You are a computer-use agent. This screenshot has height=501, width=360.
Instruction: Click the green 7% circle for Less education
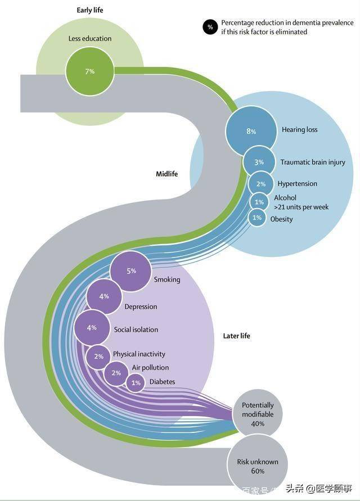(x=89, y=71)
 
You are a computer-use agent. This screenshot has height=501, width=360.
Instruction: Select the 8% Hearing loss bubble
(x=250, y=131)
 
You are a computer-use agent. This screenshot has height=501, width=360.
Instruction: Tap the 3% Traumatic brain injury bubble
(x=259, y=162)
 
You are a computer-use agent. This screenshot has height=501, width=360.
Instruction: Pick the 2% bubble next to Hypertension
(x=260, y=184)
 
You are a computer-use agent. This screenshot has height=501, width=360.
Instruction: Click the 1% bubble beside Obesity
(x=257, y=218)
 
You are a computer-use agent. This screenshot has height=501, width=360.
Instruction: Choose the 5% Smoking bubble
(x=131, y=271)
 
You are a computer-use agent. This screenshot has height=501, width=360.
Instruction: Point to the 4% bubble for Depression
(x=104, y=296)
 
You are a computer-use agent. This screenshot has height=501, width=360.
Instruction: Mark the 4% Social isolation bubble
(x=92, y=327)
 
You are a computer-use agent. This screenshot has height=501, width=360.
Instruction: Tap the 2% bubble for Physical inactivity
(x=98, y=356)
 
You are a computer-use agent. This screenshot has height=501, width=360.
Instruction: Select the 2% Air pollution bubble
(x=116, y=373)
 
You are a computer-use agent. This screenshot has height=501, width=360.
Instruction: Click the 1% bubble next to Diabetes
(x=136, y=383)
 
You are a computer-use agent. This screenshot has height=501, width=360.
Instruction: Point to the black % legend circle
(x=210, y=26)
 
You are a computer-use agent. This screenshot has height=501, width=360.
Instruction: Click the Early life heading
(x=90, y=10)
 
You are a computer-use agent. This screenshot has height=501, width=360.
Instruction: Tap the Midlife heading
(x=166, y=174)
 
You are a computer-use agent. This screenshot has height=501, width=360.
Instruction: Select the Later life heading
(x=237, y=336)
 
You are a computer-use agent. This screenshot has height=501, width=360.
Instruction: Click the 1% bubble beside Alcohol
(x=259, y=202)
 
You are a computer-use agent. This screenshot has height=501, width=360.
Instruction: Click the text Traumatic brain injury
(x=313, y=163)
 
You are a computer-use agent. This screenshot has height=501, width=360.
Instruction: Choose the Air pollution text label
(x=150, y=368)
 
